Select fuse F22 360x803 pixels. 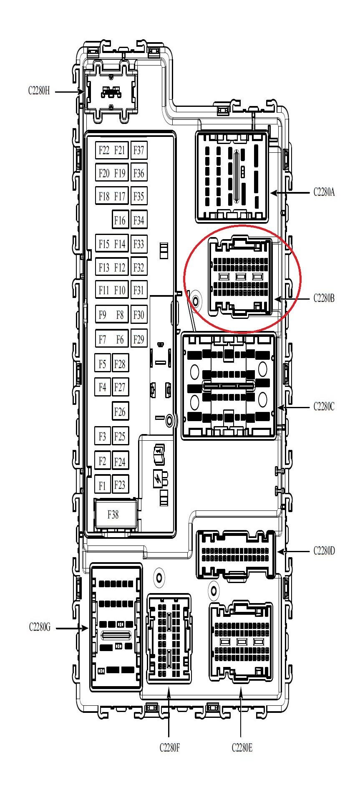click(104, 150)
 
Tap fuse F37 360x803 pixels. click(139, 150)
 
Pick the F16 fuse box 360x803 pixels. click(120, 220)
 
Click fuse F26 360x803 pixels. click(120, 412)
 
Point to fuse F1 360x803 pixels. click(102, 485)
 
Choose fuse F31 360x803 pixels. click(139, 290)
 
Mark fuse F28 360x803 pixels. click(120, 364)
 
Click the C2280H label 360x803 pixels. click(39, 91)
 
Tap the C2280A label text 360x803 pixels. click(324, 192)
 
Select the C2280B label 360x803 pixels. click(324, 298)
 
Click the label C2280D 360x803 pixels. click(324, 551)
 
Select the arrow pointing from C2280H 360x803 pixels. click(70, 91)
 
